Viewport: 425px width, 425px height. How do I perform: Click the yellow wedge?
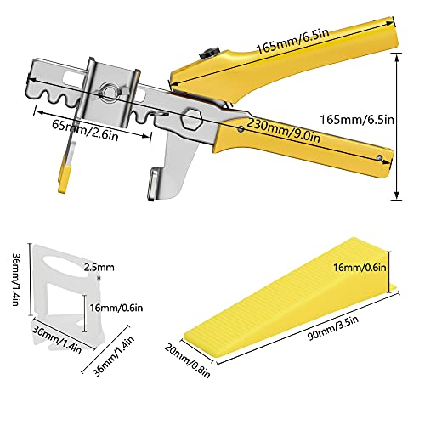coord(280,297)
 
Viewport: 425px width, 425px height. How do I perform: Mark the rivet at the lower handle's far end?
coord(377,157)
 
